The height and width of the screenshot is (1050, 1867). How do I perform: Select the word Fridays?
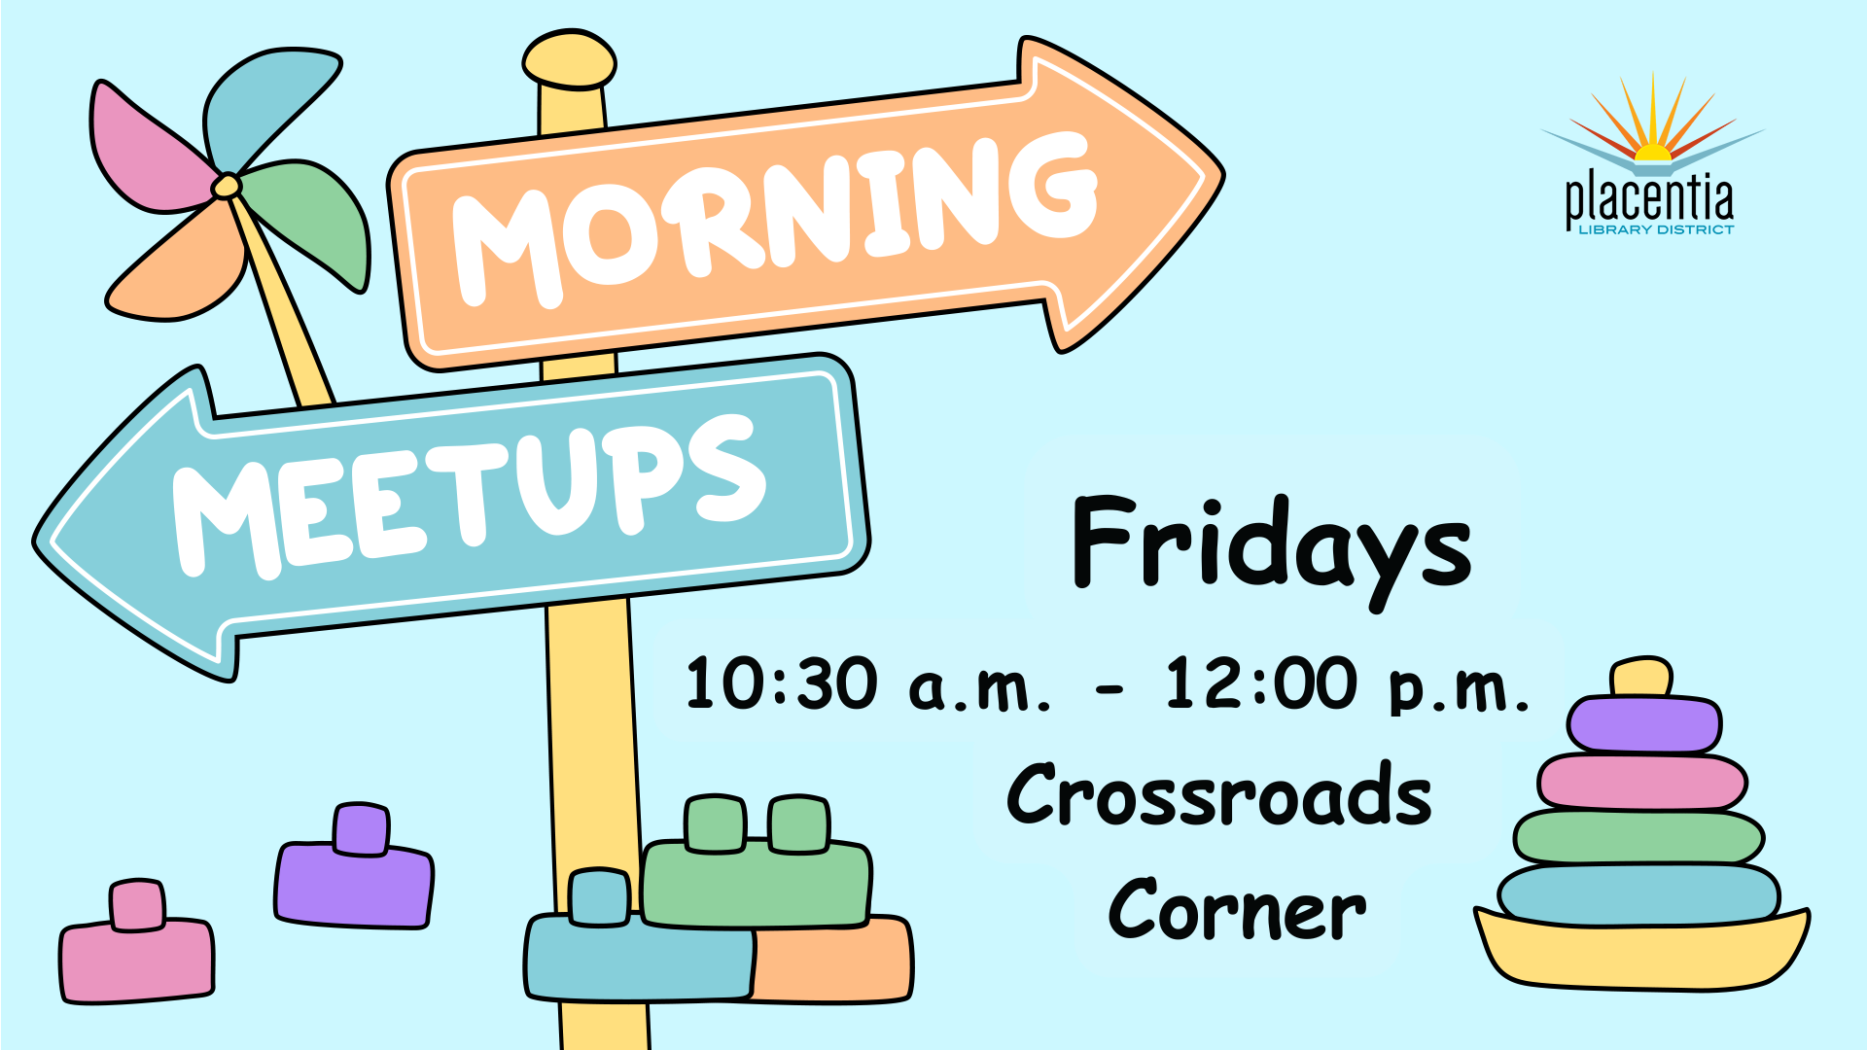click(x=1272, y=550)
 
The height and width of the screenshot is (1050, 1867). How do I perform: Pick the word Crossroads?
click(x=1219, y=794)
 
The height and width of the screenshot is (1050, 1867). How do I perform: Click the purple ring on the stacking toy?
click(x=1644, y=724)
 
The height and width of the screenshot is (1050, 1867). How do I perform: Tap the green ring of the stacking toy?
click(x=1638, y=836)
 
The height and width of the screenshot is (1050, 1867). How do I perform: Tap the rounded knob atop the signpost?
click(x=570, y=60)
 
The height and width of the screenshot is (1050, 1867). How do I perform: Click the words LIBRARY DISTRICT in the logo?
click(x=1656, y=229)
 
